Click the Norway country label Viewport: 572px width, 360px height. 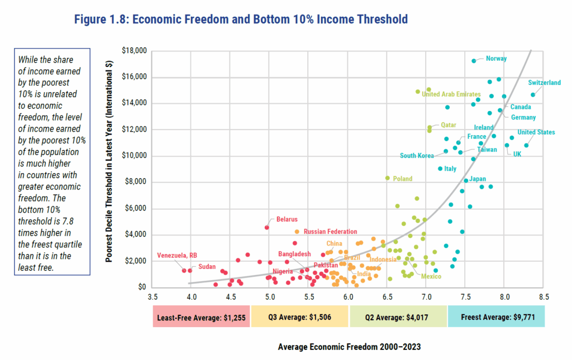[x=496, y=58]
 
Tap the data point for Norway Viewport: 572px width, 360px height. [x=474, y=61]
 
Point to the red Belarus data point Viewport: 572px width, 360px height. [x=266, y=227]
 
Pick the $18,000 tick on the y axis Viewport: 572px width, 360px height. [x=134, y=51]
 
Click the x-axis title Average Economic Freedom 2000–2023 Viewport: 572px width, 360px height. [x=349, y=347]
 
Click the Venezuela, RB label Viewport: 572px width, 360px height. [x=177, y=256]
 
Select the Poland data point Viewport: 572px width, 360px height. [x=387, y=178]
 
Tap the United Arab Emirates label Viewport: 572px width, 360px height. [x=451, y=94]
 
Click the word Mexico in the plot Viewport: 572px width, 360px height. [x=431, y=276]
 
